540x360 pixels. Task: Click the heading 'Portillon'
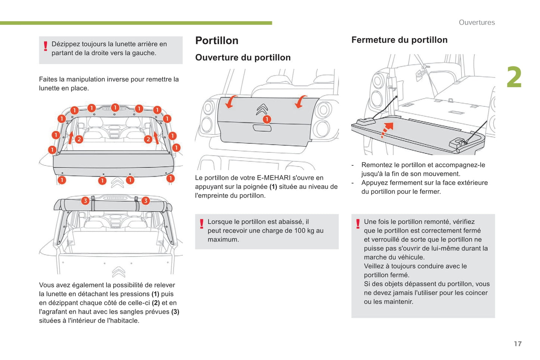point(217,40)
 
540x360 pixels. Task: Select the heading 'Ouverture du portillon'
point(243,58)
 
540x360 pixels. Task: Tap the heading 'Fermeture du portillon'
point(399,40)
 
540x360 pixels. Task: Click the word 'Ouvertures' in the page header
point(476,22)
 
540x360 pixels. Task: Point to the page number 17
point(518,344)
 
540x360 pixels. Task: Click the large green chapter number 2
point(514,78)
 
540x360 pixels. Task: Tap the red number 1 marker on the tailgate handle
point(266,120)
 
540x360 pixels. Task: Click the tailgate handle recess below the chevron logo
point(262,128)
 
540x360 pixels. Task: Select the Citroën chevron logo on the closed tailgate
point(262,109)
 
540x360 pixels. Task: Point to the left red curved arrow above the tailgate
point(231,101)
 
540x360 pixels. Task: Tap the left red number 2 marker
point(79,139)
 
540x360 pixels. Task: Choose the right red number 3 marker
point(145,201)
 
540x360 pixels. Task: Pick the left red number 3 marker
point(85,201)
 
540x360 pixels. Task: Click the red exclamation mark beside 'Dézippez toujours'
point(45,46)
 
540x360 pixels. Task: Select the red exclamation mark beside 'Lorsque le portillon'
point(201,224)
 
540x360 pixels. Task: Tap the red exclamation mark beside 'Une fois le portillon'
point(358,224)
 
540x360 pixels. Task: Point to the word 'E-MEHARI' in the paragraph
point(274,178)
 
